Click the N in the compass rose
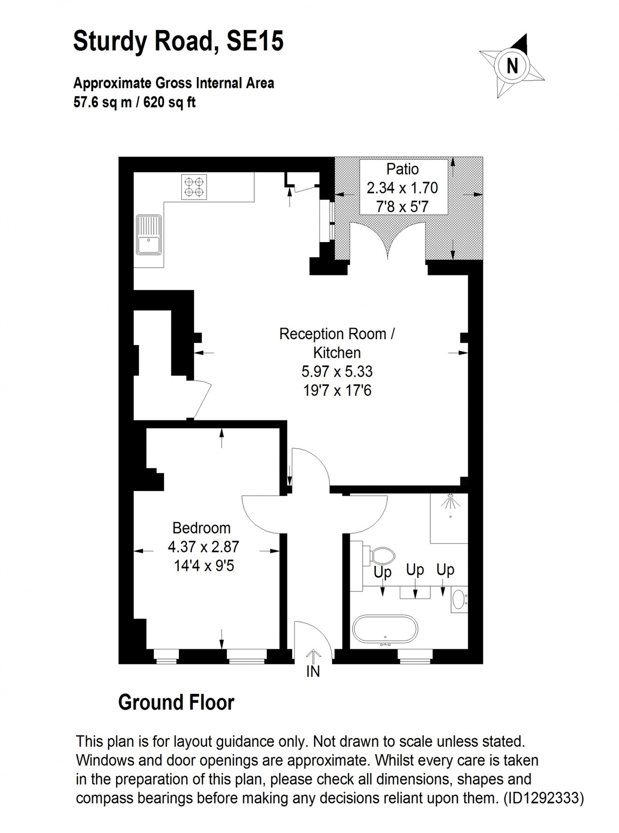click(x=512, y=65)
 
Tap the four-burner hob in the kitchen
click(x=194, y=187)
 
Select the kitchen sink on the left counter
click(x=149, y=234)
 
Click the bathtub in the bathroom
click(x=385, y=630)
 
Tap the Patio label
click(x=402, y=169)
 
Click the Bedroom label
click(x=201, y=528)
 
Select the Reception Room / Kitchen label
click(x=337, y=343)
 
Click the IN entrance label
click(x=313, y=671)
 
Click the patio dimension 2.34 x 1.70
click(x=402, y=187)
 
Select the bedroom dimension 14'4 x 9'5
click(x=204, y=565)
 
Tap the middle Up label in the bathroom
click(x=415, y=570)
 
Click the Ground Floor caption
click(x=176, y=703)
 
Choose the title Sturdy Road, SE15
click(x=178, y=41)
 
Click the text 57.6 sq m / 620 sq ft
click(x=134, y=102)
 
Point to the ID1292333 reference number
click(x=544, y=798)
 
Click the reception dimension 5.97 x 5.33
click(x=337, y=371)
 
